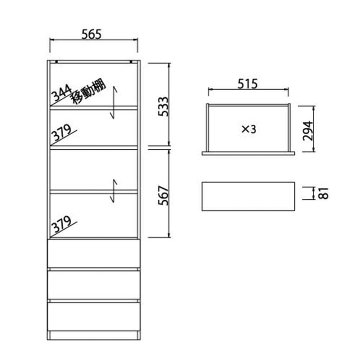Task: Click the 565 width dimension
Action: (x=91, y=35)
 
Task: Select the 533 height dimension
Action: (x=163, y=107)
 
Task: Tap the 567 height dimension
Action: (x=163, y=195)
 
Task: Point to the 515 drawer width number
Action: (x=248, y=84)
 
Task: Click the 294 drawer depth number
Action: (x=308, y=131)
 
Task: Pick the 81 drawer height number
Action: (x=324, y=193)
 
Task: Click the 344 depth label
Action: (x=62, y=93)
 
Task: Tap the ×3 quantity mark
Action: (x=249, y=130)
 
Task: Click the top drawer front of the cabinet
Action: (x=94, y=253)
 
